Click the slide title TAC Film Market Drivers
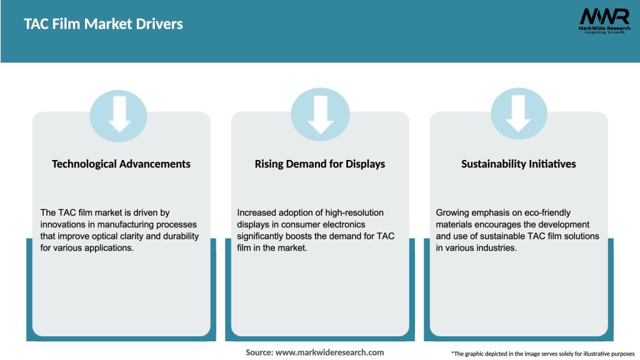pos(104,24)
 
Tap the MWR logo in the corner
pos(604,16)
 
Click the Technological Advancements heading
pos(121,164)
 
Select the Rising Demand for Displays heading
pos(320,164)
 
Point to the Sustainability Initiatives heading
pos(519,164)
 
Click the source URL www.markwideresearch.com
pos(329,352)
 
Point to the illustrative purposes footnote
pos(542,354)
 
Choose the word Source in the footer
pos(259,352)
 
